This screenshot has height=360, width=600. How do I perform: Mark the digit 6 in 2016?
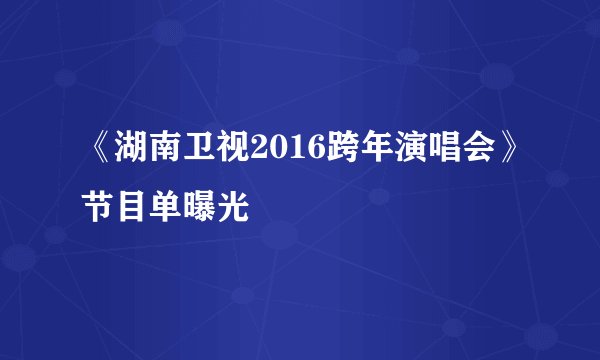(x=299, y=150)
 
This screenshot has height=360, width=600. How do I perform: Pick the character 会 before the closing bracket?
(x=451, y=150)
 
